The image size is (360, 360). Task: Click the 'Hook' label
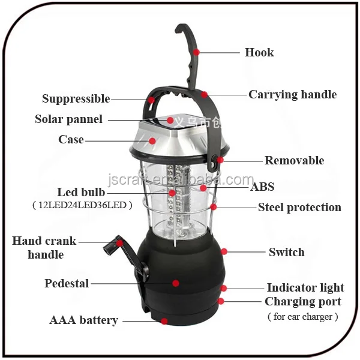(259, 52)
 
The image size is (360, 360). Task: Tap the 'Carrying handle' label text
(292, 94)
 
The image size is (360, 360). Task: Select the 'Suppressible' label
(76, 98)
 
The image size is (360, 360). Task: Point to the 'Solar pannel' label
(68, 119)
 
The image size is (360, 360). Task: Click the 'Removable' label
(294, 160)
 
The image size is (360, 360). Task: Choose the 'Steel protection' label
(299, 207)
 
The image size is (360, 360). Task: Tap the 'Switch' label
(286, 252)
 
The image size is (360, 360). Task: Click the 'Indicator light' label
(305, 287)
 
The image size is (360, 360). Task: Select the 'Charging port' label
(302, 301)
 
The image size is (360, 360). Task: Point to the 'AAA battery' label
(83, 320)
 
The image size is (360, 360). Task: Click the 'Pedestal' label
(67, 283)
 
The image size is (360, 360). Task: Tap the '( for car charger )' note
(302, 316)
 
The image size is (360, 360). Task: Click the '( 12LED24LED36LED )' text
(82, 205)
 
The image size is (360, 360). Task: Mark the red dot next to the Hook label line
(196, 52)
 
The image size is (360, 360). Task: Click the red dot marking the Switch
(224, 252)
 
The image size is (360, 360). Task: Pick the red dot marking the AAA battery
(163, 320)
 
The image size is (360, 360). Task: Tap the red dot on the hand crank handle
(120, 242)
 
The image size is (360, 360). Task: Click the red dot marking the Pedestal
(176, 283)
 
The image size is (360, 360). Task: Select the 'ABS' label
(262, 187)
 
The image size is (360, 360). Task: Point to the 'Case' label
(71, 139)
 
